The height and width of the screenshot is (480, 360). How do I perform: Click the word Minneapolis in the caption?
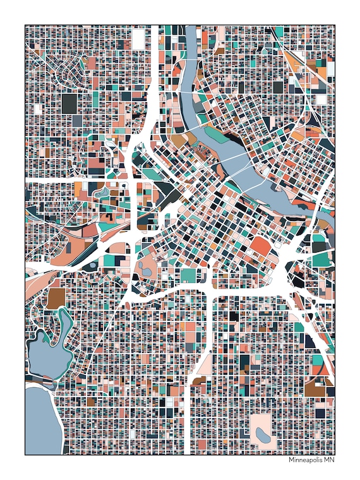click(306, 460)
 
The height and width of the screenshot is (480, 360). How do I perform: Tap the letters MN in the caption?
click(328, 460)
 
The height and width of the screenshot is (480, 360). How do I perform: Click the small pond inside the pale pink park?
click(260, 434)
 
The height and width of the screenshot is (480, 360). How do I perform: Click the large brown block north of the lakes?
click(56, 298)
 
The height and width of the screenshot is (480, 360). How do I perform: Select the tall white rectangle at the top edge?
click(138, 38)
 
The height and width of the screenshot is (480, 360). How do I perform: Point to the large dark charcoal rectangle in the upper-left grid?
click(69, 104)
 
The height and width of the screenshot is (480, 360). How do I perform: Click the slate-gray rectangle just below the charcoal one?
click(77, 120)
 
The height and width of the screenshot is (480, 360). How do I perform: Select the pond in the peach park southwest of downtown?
click(147, 272)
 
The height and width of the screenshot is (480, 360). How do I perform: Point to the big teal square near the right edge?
click(321, 258)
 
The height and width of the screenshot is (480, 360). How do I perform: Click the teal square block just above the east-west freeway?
click(188, 275)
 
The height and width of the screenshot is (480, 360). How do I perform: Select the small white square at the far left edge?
click(37, 108)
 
